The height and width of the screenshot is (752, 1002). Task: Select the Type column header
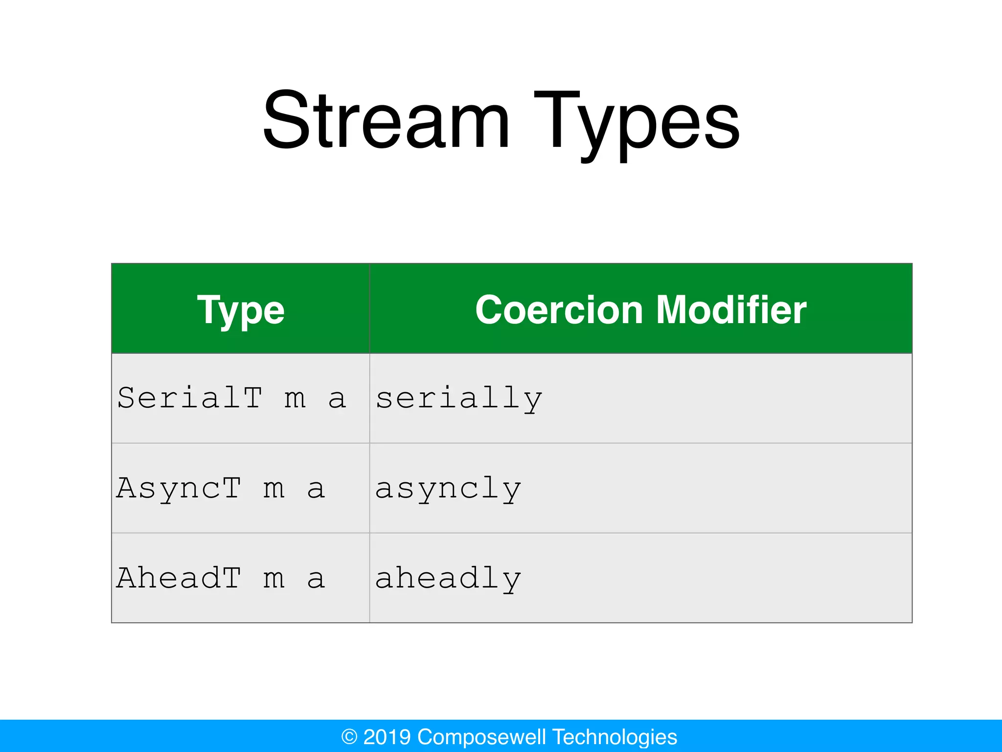coord(241,310)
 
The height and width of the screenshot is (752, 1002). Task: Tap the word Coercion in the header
coord(559,310)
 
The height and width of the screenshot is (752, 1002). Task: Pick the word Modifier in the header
coord(731,310)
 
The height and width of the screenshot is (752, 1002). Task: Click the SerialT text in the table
coord(190,398)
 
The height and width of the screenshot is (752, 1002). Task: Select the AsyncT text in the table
coord(179,488)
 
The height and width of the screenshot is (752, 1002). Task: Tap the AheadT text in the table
coord(179,578)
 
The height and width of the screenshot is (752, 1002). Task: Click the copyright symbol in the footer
coord(349,737)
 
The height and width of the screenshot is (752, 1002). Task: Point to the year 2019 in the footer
coord(387,737)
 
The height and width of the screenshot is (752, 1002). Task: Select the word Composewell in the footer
coord(482,737)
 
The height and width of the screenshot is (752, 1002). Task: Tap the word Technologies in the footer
coord(615,737)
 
